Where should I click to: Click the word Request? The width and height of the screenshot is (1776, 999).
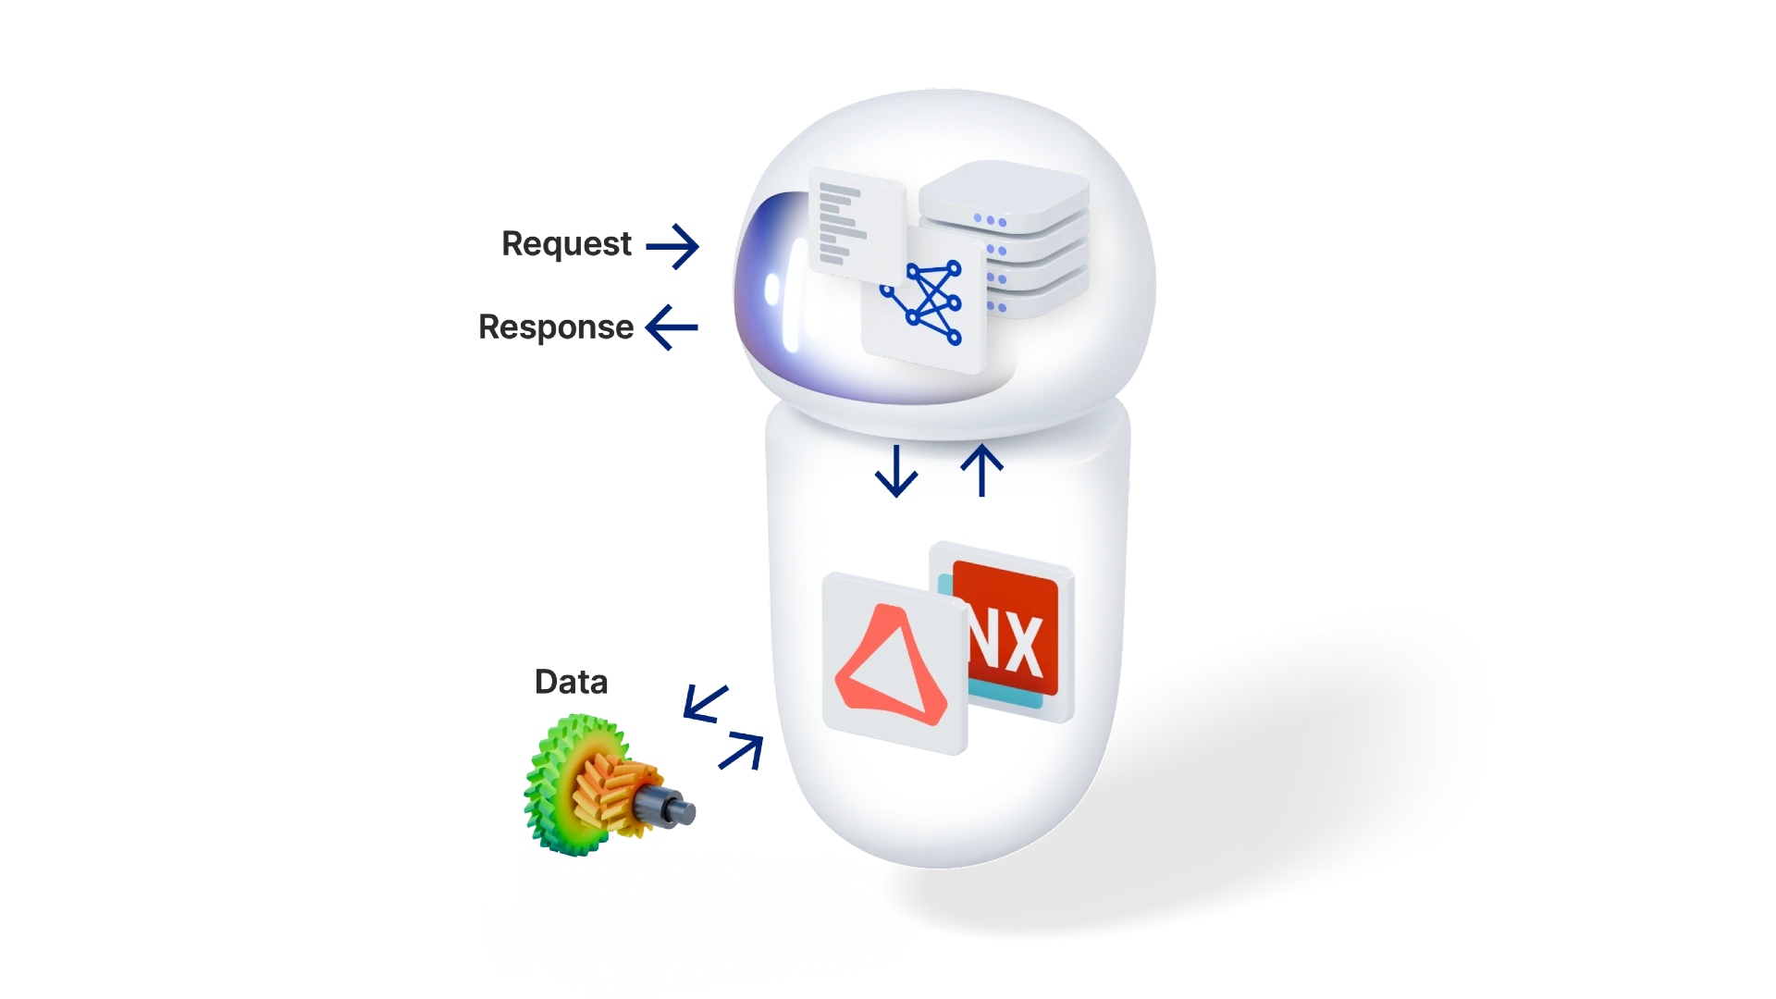(x=566, y=245)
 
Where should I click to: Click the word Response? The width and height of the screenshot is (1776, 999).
(x=554, y=327)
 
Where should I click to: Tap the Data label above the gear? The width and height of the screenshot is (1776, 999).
(x=571, y=683)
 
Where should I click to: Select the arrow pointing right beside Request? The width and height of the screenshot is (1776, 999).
(x=672, y=245)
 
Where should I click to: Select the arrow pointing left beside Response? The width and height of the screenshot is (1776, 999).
(x=672, y=327)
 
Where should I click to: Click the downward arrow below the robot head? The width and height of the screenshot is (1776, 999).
(x=896, y=471)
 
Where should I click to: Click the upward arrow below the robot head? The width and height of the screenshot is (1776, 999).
(x=982, y=471)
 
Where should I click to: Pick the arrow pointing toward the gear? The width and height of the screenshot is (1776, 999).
(x=706, y=702)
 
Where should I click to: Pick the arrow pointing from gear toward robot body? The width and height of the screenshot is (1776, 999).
(x=742, y=751)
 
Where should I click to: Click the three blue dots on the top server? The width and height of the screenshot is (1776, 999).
(x=990, y=221)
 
